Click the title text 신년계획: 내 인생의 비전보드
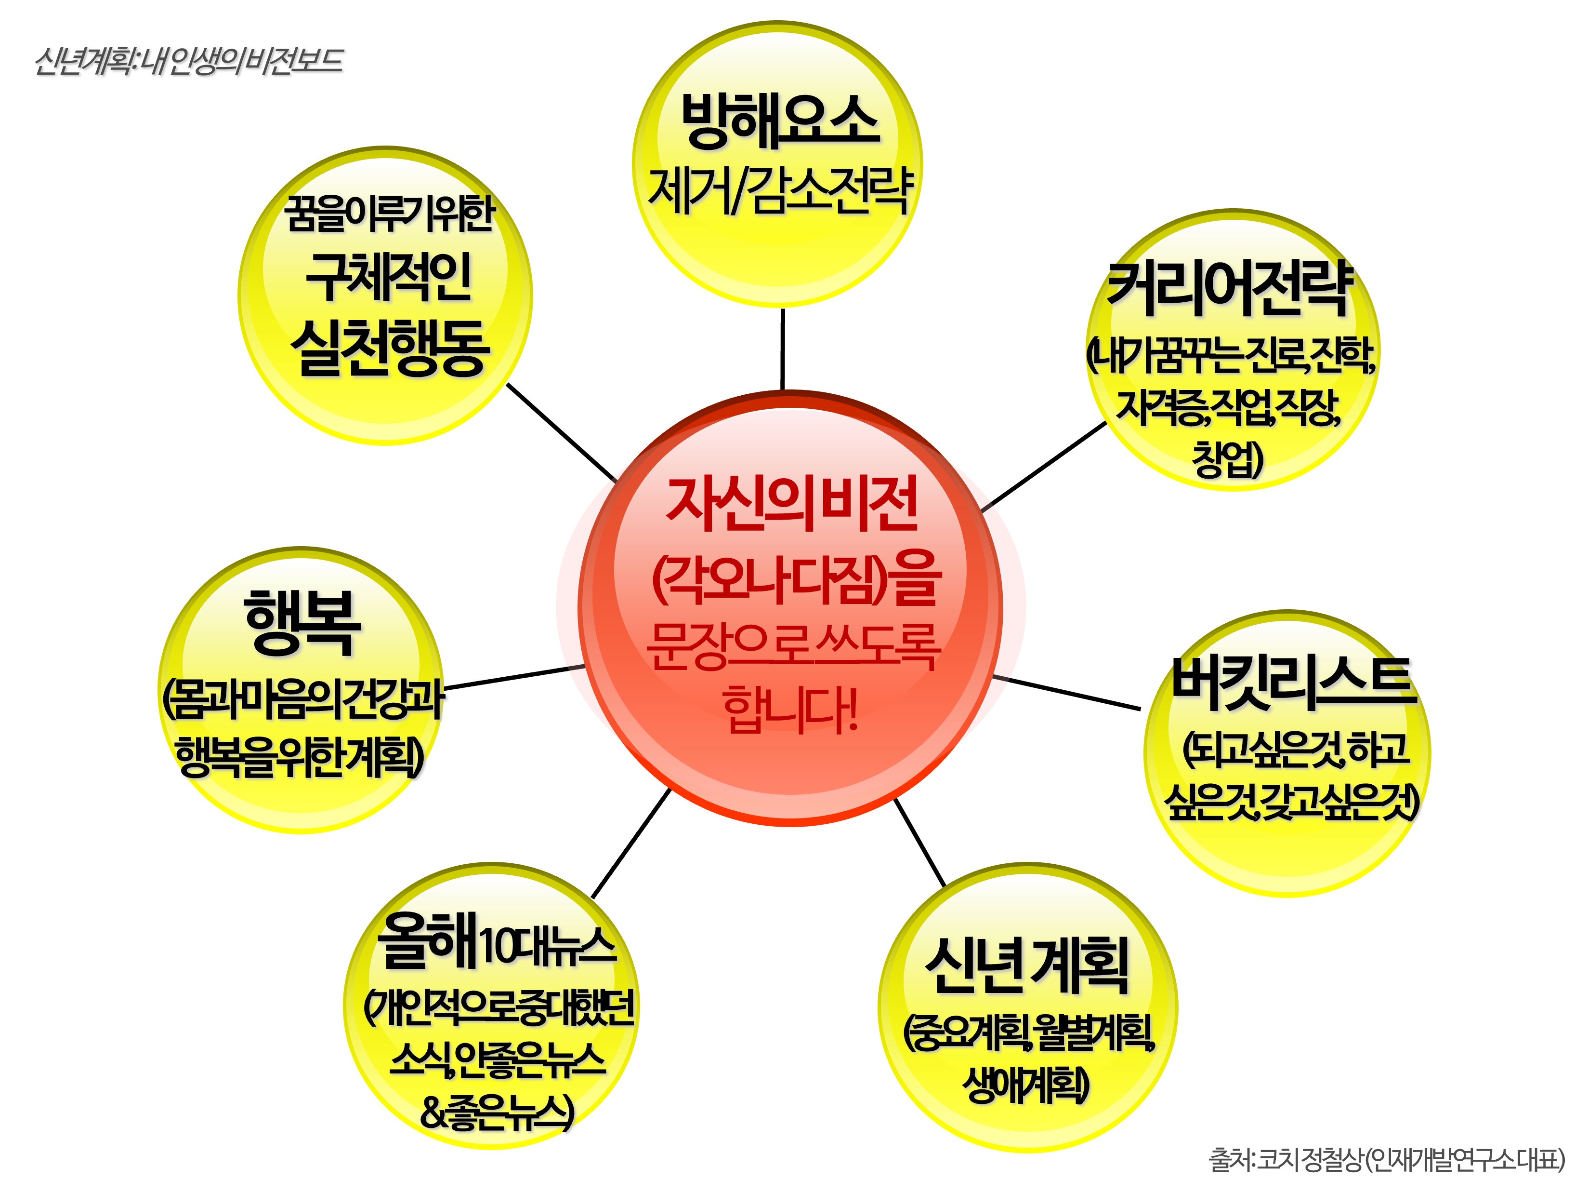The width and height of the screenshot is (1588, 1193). coord(189,61)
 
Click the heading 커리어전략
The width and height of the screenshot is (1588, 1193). coord(1230,288)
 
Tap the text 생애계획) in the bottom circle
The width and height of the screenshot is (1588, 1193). coord(1026,1085)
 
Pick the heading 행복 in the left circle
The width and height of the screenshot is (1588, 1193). coord(302,621)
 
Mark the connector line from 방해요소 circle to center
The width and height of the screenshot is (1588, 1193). coord(782,349)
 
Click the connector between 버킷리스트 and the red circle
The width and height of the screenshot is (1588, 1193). coord(1065,692)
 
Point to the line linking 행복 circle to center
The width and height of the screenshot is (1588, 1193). coord(514,677)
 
